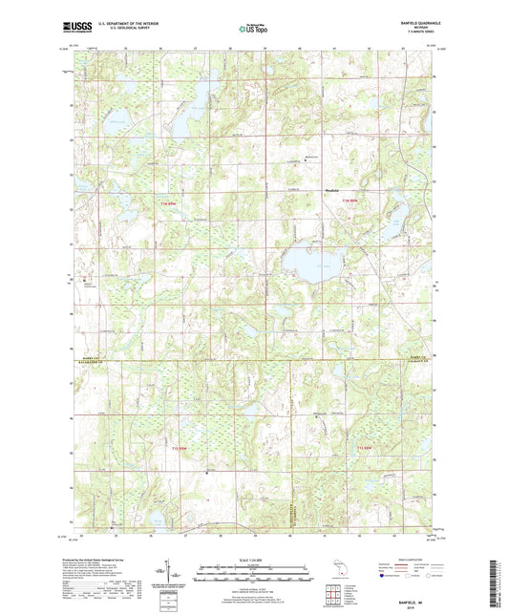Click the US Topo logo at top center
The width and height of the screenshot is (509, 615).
252,30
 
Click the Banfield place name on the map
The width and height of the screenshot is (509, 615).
335,189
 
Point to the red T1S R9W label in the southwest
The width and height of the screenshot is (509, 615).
179,448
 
